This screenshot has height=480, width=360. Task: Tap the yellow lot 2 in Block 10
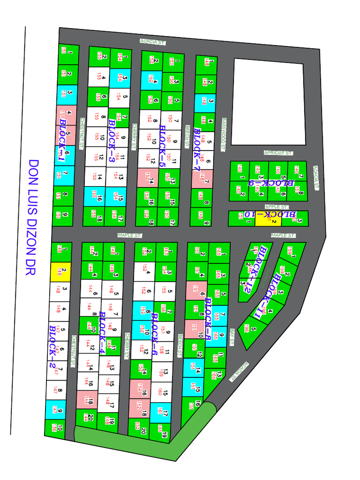(x=268, y=218)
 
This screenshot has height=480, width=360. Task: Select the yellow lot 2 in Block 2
(x=60, y=271)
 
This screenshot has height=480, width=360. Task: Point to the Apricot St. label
(x=278, y=153)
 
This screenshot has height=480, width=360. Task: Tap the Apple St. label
(x=277, y=206)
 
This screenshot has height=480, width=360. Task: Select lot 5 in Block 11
(x=252, y=330)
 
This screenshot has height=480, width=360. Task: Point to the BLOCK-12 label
(x=253, y=269)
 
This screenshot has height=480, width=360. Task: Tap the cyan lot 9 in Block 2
(x=56, y=410)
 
